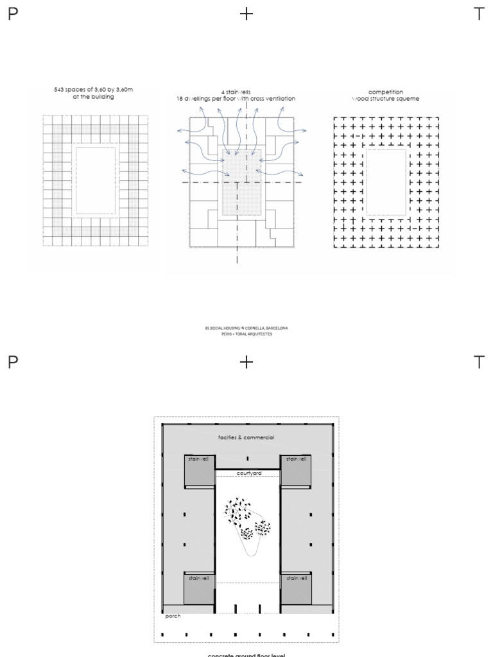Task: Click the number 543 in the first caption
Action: point(60,90)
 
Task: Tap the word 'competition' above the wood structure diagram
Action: point(385,92)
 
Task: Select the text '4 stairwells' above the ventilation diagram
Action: point(236,92)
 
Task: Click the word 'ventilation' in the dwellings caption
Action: point(281,99)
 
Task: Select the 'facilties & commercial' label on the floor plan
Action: point(246,438)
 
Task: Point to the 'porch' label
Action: point(173,617)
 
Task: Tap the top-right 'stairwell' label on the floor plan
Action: point(296,459)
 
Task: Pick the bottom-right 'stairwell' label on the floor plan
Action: point(296,578)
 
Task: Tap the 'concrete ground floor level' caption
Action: point(246,654)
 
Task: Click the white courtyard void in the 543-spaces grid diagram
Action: point(95,180)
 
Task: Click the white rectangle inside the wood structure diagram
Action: point(386,182)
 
